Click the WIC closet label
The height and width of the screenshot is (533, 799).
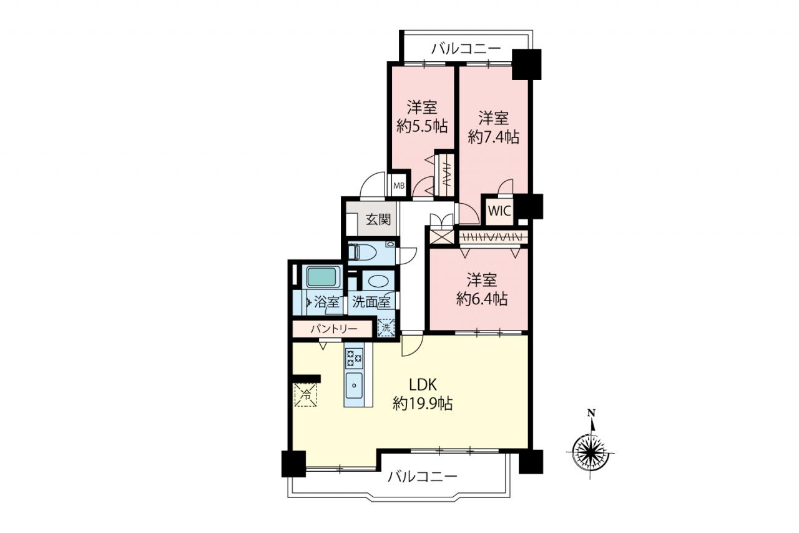coord(500,211)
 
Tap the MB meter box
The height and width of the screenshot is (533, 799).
coord(399,186)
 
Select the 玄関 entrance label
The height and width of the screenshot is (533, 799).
coord(378,219)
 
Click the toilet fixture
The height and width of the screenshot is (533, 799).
coord(363,252)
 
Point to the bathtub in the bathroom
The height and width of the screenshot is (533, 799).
coord(321,277)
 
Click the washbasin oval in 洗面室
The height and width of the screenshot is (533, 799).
coord(378,281)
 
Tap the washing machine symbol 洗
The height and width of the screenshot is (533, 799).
coord(386,327)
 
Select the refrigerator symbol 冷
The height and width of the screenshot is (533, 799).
coord(306,395)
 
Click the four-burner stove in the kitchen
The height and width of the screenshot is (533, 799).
coord(354,358)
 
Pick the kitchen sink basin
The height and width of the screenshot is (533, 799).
coord(354,386)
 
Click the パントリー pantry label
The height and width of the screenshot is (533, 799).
coord(333,329)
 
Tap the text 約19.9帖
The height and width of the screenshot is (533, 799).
coord(423,404)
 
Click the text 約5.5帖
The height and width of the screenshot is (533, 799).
coord(422,126)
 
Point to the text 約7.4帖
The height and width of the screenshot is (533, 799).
coord(493,137)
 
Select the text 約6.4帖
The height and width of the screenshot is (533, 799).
coord(482,299)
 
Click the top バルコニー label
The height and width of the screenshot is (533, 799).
coord(466,49)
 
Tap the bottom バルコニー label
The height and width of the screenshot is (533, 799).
coord(423,476)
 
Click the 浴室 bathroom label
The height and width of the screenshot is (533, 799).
coord(326,302)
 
